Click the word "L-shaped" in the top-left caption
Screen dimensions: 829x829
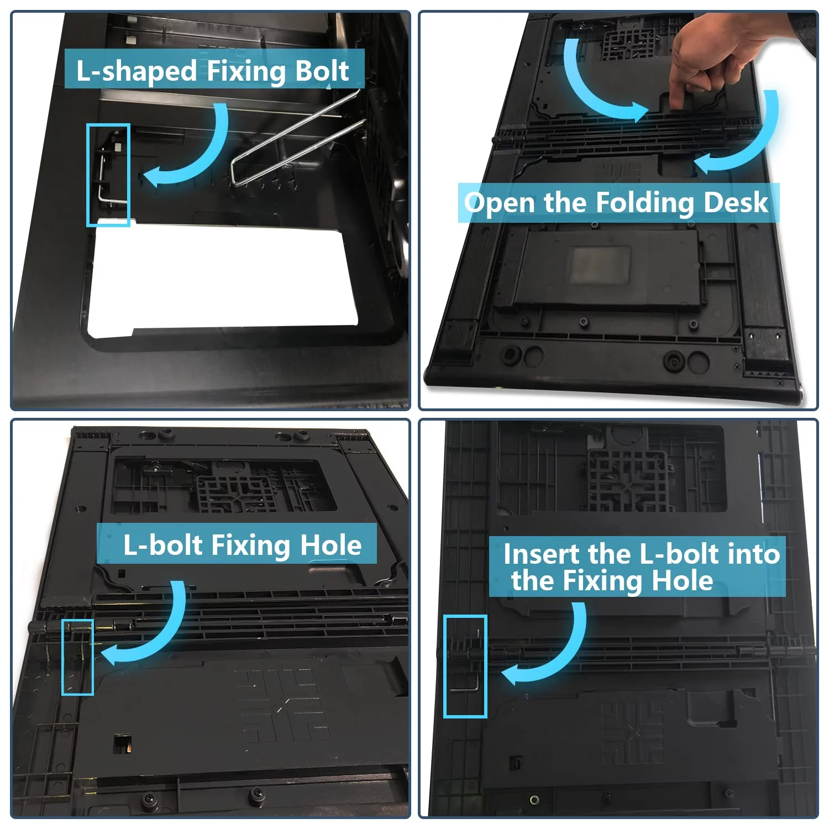137,71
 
